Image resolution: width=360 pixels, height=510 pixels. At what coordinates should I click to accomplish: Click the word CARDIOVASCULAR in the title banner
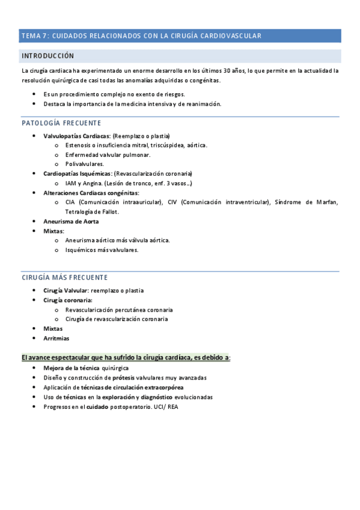coord(231,36)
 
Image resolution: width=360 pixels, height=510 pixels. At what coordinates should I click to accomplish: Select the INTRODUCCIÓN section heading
coord(47,56)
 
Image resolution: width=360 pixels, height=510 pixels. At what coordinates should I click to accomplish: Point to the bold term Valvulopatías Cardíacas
coord(75,136)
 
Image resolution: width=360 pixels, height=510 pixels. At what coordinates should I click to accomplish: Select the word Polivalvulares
coord(85,164)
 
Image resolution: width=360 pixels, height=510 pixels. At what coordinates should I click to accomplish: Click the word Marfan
coord(328,202)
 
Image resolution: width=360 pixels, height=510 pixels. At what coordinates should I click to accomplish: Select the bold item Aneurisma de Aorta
coord(71,221)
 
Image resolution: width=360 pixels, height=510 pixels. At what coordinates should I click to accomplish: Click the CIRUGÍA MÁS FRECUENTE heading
coord(64,277)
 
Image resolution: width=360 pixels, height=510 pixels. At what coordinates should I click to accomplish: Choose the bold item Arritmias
coord(56,338)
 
